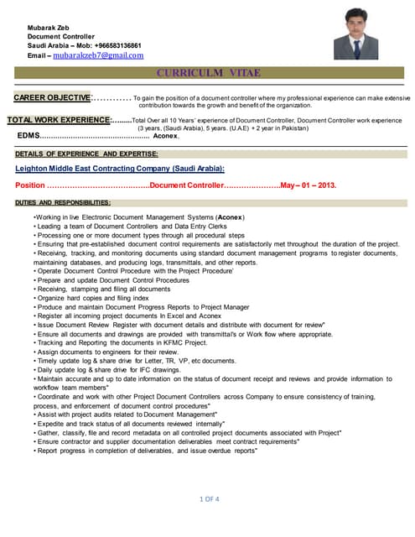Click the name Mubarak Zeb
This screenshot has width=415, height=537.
tap(49, 27)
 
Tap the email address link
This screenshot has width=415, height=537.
tap(98, 55)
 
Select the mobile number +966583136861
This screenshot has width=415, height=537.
tap(112, 45)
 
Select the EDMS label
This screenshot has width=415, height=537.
tap(29, 135)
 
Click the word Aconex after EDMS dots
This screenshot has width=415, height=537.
tap(166, 135)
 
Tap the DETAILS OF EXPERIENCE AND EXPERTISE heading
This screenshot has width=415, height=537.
tap(86, 154)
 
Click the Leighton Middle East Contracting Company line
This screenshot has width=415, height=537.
tap(120, 169)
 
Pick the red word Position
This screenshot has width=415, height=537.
tap(30, 185)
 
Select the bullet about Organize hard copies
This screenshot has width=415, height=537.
tap(91, 297)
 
